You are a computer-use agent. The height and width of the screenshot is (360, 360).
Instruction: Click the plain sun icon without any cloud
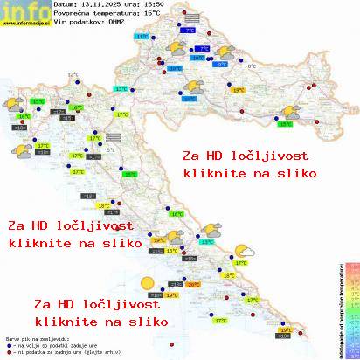click(x=147, y=283)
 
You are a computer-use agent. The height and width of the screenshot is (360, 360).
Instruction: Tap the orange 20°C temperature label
click(x=193, y=285)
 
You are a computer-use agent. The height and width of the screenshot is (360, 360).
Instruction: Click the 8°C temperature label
click(x=253, y=66)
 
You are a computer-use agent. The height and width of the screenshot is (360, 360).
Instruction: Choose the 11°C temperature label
click(x=142, y=37)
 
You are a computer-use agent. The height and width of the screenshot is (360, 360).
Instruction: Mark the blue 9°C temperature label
click(x=222, y=64)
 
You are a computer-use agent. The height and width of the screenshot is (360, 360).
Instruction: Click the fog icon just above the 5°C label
click(x=112, y=136)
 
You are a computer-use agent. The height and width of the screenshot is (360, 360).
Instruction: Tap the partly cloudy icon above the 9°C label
click(x=226, y=52)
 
